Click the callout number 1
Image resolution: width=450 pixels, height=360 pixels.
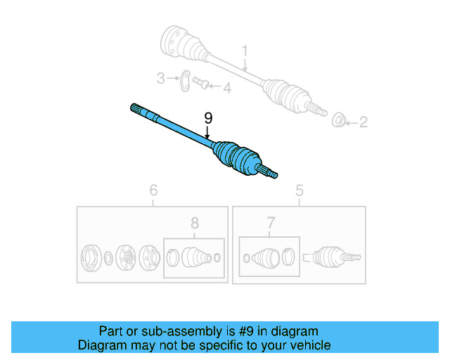[x=245, y=51]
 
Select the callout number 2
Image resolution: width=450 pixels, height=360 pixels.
[x=364, y=123]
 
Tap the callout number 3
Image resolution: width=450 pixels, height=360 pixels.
[x=160, y=78]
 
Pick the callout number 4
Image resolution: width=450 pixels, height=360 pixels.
[x=226, y=88]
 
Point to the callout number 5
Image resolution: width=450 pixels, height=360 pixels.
[x=299, y=189]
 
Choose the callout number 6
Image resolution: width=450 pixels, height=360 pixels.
[x=153, y=189]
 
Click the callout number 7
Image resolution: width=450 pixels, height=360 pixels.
[x=271, y=224]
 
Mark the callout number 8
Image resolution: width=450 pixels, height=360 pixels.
[x=195, y=224]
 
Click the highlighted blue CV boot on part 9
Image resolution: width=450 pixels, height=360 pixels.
[x=239, y=158]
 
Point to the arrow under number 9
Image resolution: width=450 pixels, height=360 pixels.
[x=207, y=130]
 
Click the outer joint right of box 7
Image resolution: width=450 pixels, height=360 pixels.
[x=328, y=257]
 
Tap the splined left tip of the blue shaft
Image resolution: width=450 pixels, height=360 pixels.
[x=137, y=110]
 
